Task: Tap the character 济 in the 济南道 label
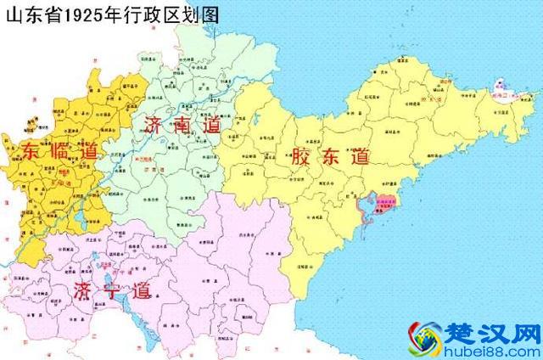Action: point(155,124)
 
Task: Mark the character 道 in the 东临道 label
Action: point(91,154)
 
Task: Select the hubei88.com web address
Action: point(500,348)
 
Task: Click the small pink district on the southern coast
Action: point(387,203)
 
